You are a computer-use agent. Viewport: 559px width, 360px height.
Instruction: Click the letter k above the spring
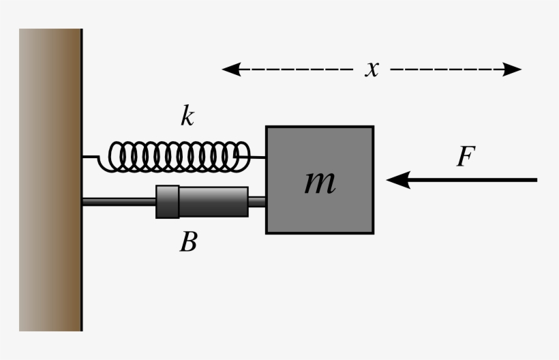pos(187,117)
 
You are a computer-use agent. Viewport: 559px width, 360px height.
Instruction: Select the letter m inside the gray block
pos(319,181)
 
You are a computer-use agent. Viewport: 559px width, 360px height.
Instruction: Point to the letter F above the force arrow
pos(465,157)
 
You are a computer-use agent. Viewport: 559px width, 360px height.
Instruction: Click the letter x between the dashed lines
pos(372,68)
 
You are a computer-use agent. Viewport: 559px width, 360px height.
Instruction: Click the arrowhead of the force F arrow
pos(397,180)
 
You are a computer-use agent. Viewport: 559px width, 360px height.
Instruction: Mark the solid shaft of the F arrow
pos(477,180)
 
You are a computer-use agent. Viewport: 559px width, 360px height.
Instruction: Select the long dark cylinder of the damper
pos(213,202)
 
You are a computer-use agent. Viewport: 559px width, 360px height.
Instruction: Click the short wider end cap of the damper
pos(167,202)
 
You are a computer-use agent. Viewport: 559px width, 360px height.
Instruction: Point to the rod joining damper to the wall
pos(119,201)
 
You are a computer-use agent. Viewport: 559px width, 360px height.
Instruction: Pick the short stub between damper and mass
pos(257,201)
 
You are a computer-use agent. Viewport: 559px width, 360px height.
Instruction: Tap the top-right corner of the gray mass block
pos(372,127)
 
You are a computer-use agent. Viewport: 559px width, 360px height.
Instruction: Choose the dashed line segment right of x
pos(443,69)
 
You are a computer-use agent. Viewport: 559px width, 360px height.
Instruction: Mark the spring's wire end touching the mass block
pos(263,157)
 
